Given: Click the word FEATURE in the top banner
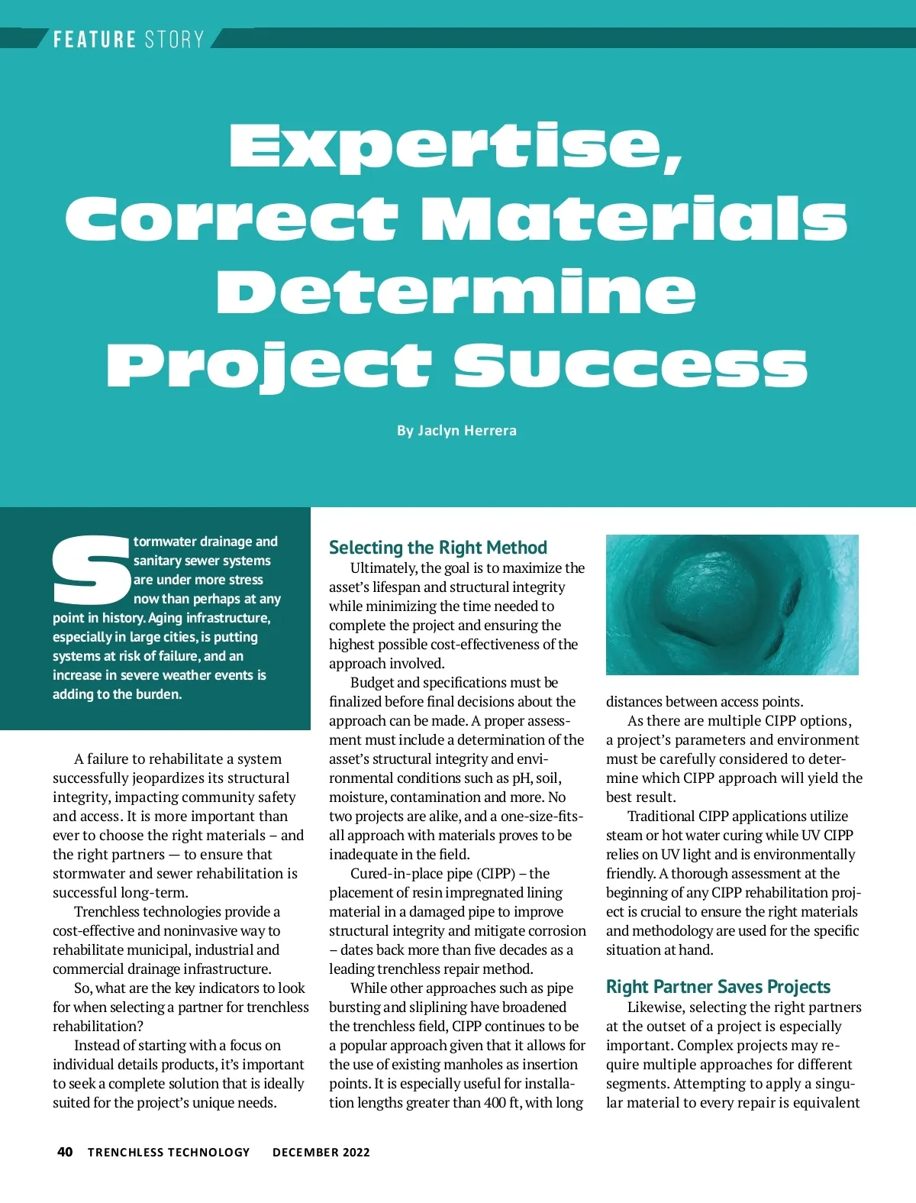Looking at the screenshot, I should click(x=94, y=39).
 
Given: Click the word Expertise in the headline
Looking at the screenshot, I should click(x=456, y=146).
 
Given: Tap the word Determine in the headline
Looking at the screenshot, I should click(x=456, y=292).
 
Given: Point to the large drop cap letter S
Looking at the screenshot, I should click(x=91, y=571).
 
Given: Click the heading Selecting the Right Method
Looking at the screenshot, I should click(x=437, y=548).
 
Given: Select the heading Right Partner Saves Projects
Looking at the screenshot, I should click(x=718, y=987).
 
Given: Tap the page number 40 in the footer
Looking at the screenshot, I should click(x=65, y=1152).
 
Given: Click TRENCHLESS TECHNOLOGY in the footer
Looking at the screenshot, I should click(x=169, y=1152).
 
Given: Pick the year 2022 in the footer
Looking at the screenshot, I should click(x=356, y=1152).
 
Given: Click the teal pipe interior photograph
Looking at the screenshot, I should click(x=731, y=604).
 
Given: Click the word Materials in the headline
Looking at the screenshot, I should click(x=634, y=218).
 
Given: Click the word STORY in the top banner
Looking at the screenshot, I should click(x=174, y=39).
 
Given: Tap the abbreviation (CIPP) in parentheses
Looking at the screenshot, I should click(x=496, y=873).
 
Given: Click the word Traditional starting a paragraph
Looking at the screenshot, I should click(x=661, y=816).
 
